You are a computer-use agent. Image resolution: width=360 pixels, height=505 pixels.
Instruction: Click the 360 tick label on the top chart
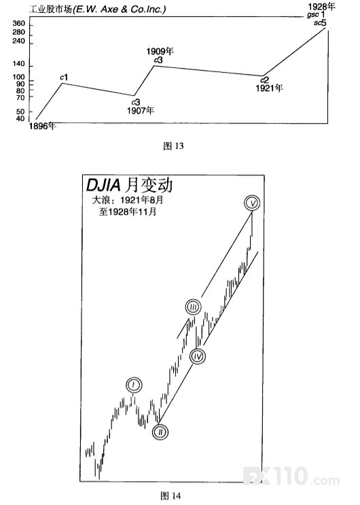point(18,23)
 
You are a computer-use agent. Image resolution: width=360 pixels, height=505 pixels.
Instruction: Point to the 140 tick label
point(18,64)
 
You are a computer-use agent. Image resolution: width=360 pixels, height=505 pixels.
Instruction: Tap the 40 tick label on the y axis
point(20,118)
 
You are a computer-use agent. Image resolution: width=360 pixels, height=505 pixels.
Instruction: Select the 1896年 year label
point(43,126)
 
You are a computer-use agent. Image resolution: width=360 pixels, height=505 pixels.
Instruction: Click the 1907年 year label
point(141,111)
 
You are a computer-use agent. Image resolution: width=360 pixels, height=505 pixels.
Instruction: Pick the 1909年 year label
point(160,51)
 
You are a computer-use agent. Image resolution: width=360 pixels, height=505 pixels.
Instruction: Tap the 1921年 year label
point(269,88)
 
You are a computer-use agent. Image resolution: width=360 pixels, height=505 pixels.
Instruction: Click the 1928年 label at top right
point(321,6)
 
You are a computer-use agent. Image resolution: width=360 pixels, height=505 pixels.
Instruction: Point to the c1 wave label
point(64,77)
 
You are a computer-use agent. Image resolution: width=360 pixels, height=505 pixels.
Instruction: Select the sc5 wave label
point(320,23)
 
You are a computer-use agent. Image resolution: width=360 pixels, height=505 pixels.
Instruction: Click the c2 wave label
point(264,80)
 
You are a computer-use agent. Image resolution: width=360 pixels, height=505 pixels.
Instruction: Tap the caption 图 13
point(173,146)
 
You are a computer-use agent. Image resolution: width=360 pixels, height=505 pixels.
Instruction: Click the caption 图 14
point(170,496)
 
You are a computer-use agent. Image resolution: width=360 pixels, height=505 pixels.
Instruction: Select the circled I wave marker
point(134,385)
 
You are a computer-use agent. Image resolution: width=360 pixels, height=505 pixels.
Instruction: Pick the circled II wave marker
point(160,432)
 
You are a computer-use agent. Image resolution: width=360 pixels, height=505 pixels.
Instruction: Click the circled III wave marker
point(193,307)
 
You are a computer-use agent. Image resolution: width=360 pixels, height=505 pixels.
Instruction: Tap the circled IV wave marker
point(198,356)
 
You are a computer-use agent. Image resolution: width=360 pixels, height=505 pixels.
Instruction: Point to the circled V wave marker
point(252,203)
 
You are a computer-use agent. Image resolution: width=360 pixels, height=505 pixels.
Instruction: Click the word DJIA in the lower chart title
point(103,185)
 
